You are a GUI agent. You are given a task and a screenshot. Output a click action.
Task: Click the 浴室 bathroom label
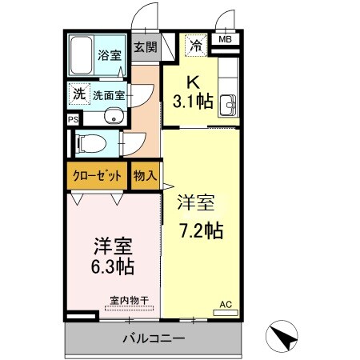(x=109, y=56)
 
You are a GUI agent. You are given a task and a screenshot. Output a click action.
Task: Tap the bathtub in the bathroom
(x=81, y=55)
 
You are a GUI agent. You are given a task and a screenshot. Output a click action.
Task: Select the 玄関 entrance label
(x=145, y=48)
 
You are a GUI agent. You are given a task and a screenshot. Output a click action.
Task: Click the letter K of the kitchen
(x=192, y=82)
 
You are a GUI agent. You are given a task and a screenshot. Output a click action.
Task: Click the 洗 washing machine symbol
(x=78, y=94)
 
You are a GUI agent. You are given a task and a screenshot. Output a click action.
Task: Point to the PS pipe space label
(x=73, y=119)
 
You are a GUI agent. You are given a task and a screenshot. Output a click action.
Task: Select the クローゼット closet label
(x=97, y=174)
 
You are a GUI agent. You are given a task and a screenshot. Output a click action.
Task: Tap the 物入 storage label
(x=145, y=174)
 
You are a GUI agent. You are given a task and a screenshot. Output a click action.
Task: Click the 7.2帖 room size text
(x=200, y=230)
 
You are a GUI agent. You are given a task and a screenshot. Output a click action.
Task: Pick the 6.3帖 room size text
(x=111, y=265)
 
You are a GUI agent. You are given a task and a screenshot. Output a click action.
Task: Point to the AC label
(x=226, y=304)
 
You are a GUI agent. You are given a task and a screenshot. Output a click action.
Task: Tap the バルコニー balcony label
(x=154, y=338)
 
